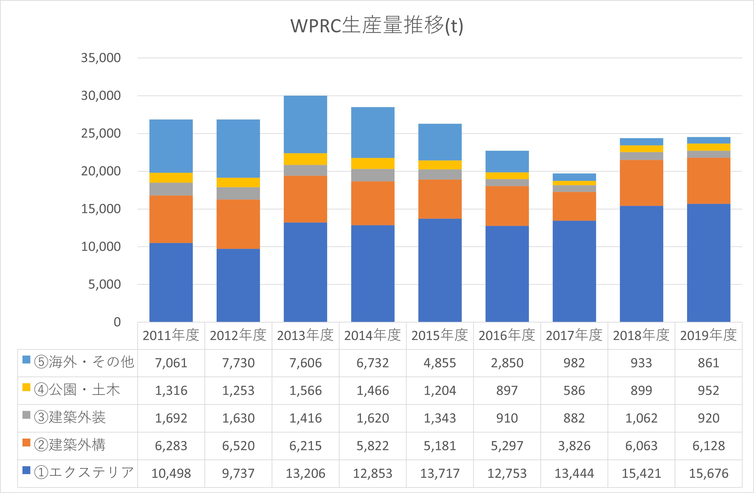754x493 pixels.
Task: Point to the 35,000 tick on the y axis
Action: point(101,58)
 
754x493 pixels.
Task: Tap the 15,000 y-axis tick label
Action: point(101,209)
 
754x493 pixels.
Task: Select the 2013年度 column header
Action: point(305,335)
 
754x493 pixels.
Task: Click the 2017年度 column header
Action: point(574,335)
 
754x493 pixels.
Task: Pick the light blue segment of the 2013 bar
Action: point(305,124)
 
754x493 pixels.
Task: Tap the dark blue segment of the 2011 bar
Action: point(171,282)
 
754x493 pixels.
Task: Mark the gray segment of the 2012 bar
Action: point(238,193)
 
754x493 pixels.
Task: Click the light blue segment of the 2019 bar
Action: point(708,140)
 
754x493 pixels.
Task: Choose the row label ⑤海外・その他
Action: point(84,362)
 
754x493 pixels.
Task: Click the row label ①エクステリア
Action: point(84,473)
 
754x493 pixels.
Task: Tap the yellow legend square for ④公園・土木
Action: point(26,387)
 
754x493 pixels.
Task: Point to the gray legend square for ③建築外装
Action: point(26,415)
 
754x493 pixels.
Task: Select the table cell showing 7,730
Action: point(238,363)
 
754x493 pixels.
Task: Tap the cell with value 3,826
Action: point(574,446)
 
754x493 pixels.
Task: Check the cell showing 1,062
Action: point(641,418)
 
